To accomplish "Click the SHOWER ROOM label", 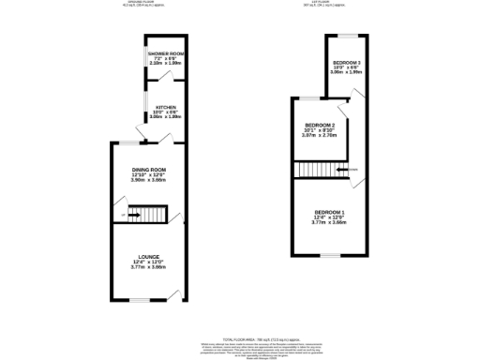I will [x=165, y=54].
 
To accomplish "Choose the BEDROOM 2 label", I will [x=312, y=125].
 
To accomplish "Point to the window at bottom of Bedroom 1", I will [x=329, y=254].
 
